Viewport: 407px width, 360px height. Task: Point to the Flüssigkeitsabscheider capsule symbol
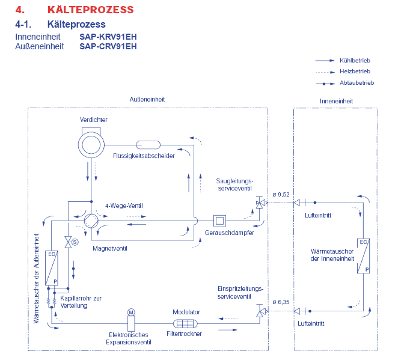tap(147, 144)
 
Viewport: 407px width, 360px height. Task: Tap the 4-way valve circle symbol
tap(92, 220)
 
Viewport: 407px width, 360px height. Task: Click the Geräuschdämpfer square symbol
tap(219, 220)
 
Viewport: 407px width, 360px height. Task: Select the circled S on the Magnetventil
tap(75, 242)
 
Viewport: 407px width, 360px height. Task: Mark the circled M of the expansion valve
tap(132, 312)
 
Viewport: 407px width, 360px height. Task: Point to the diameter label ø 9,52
tap(281, 194)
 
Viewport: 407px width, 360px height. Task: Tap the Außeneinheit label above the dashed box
tap(147, 99)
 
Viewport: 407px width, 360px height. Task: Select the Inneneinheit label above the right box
tap(336, 101)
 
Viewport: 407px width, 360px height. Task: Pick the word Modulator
tap(186, 312)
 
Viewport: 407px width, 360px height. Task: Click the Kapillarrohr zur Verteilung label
tap(81, 301)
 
